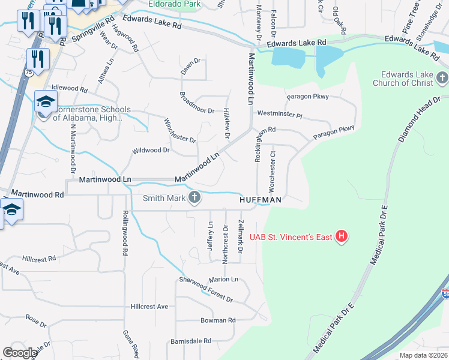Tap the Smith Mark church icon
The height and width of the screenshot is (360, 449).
pyautogui.click(x=194, y=197)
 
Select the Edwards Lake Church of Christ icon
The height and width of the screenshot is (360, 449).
pyautogui.click(x=442, y=78)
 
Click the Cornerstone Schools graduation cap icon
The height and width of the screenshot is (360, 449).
pyautogui.click(x=45, y=101)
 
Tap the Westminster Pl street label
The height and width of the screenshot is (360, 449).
pyautogui.click(x=279, y=113)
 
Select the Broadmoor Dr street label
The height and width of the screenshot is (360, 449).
pyautogui.click(x=197, y=110)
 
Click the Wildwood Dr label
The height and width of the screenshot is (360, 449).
pyautogui.click(x=151, y=150)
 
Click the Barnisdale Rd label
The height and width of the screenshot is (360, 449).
pyautogui.click(x=190, y=341)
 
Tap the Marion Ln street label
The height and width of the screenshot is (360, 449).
pyautogui.click(x=223, y=280)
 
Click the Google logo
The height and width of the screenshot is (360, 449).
pyautogui.click(x=20, y=353)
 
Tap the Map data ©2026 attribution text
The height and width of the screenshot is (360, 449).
pyautogui.click(x=423, y=355)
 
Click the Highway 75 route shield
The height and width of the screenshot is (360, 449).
pyautogui.click(x=28, y=71)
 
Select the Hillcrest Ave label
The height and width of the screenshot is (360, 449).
pyautogui.click(x=149, y=307)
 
